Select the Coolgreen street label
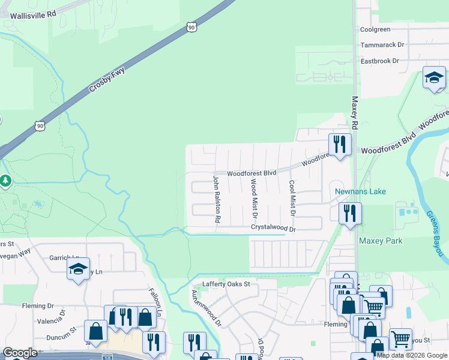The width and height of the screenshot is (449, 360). tap(375, 29)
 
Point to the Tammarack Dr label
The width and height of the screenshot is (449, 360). tap(382, 45)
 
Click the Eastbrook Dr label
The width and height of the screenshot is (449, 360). tap(379, 61)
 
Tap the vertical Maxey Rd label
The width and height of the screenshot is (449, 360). tap(355, 112)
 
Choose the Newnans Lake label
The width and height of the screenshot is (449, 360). tap(360, 191)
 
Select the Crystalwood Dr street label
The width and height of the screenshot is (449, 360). tap(274, 229)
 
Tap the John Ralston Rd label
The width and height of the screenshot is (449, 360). tap(217, 199)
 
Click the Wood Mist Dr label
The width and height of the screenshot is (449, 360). tap(254, 198)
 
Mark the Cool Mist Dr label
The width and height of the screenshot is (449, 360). tap(292, 198)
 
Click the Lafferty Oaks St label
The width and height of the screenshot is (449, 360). tap(226, 284)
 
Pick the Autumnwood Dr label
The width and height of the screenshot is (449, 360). tap(198, 308)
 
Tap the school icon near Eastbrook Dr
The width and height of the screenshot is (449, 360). tap(433, 77)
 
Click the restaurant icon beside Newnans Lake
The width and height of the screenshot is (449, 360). tap(349, 213)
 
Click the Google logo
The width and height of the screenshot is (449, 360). tap(20, 353)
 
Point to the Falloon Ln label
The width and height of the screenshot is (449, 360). tap(155, 303)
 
